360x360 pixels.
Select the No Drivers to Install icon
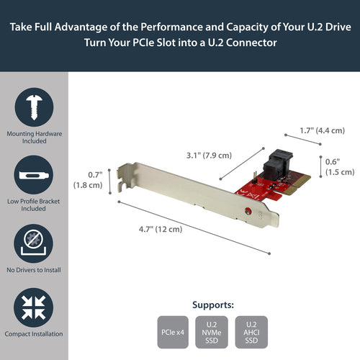pyautogui.click(x=34, y=243)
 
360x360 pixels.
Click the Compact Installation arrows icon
pyautogui.click(x=34, y=307)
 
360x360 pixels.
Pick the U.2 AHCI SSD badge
pyautogui.click(x=251, y=333)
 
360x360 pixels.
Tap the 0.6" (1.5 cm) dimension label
pyautogui.click(x=338, y=166)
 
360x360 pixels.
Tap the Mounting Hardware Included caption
pyautogui.click(x=34, y=136)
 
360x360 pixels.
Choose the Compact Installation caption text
pyautogui.click(x=34, y=335)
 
